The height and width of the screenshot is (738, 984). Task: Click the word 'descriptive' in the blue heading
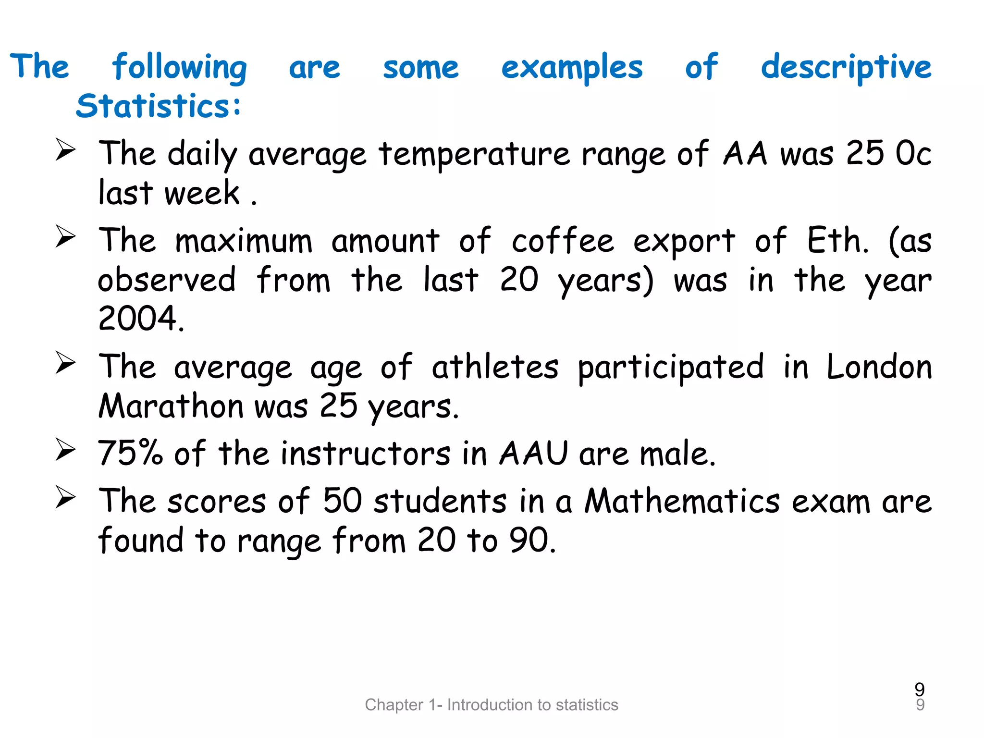(846, 68)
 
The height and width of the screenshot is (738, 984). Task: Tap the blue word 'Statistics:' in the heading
(158, 106)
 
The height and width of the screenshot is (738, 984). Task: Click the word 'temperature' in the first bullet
(474, 155)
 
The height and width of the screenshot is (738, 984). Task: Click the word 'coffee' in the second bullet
(563, 241)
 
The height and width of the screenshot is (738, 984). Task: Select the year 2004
(141, 319)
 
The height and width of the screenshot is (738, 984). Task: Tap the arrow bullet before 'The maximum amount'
(65, 236)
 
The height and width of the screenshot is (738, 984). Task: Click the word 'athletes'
(495, 368)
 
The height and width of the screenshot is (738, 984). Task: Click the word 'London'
(879, 368)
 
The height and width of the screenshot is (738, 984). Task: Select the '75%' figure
(130, 453)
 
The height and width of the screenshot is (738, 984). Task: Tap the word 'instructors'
(366, 453)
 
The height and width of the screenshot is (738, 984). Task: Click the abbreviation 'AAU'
(533, 453)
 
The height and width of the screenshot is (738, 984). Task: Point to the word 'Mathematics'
(682, 501)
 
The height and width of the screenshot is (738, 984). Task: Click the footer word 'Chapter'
(394, 705)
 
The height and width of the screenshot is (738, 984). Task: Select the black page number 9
(920, 689)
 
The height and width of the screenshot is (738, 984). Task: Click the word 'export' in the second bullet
(684, 242)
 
